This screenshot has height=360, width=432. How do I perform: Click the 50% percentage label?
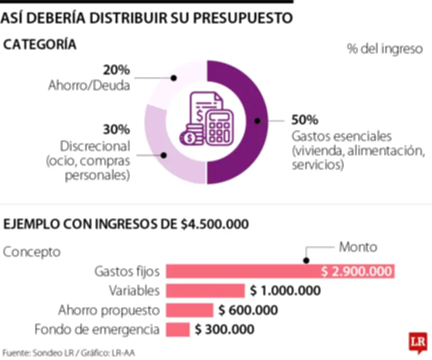tap(305, 119)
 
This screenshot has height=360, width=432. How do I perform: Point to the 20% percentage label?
tap(116, 70)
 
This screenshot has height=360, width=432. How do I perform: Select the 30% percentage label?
tap(116, 130)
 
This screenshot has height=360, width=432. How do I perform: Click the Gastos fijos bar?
tap(280, 271)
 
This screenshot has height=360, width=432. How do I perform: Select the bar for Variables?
tap(205, 291)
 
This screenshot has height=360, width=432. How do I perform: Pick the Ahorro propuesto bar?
tap(189, 310)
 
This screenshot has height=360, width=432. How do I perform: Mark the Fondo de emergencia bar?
tap(178, 329)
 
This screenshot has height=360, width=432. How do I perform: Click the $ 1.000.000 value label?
tap(285, 291)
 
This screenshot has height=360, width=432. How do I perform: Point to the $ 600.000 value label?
tap(248, 310)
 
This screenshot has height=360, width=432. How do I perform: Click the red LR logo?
tap(416, 342)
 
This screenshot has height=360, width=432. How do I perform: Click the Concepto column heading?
tap(32, 252)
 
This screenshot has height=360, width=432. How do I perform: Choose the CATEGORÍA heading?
tap(40, 45)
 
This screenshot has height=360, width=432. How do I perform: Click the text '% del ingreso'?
tap(384, 49)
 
